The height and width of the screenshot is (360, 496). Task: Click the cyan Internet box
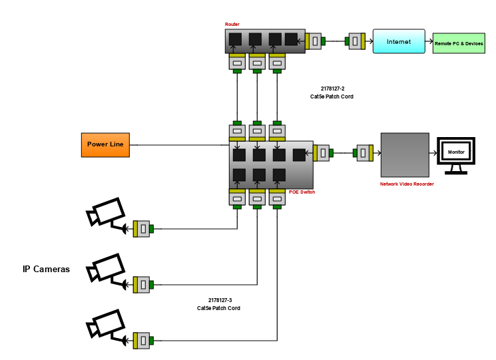tap(399, 41)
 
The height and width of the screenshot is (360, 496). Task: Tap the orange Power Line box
tap(106, 144)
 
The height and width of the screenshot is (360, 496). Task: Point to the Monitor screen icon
tap(456, 153)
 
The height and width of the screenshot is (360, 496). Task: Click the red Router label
tap(232, 25)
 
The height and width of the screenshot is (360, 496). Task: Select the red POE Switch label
tap(302, 192)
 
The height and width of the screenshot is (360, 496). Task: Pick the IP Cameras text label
tap(46, 270)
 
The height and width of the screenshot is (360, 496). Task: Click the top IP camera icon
tap(107, 214)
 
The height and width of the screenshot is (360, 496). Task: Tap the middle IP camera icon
tap(107, 270)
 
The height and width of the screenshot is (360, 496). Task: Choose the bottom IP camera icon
tap(107, 326)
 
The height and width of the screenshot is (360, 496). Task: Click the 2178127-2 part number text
tap(332, 88)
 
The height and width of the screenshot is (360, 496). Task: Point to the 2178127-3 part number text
tap(219, 300)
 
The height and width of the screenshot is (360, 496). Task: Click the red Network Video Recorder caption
tap(406, 184)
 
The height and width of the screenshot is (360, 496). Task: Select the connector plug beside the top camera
tap(142, 229)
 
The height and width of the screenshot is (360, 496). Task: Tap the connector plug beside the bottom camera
tap(142, 341)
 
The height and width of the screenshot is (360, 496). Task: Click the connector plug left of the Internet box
tap(356, 41)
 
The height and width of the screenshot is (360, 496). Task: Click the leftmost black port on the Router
tap(235, 39)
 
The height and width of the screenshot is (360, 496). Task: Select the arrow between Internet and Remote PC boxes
tap(429, 42)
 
